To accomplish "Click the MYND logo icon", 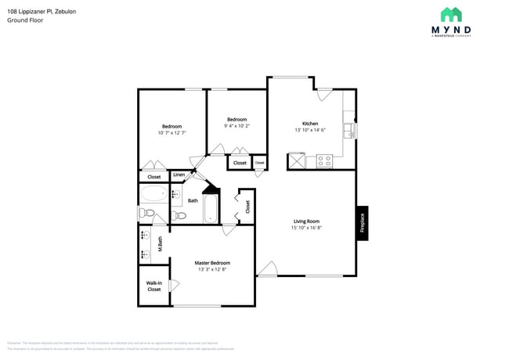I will [x=450, y=15].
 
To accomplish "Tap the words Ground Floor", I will [x=25, y=20].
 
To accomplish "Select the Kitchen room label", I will [x=310, y=124].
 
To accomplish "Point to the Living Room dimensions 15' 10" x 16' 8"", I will [x=306, y=228].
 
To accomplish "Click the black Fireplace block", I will [x=362, y=224].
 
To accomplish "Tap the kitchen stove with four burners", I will [x=324, y=161].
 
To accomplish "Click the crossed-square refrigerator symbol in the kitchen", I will [x=298, y=161].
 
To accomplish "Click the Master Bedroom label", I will [x=212, y=263].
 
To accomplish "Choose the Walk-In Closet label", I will [x=153, y=286].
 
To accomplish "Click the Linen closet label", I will [x=179, y=175].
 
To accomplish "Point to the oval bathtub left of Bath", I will [x=153, y=196].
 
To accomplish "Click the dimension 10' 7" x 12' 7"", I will [x=171, y=133].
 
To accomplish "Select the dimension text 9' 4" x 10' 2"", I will [x=236, y=125].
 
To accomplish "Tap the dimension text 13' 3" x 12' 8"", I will [x=212, y=269].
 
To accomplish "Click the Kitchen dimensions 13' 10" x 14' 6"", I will [x=310, y=130].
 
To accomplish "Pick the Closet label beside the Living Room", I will [x=247, y=207].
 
